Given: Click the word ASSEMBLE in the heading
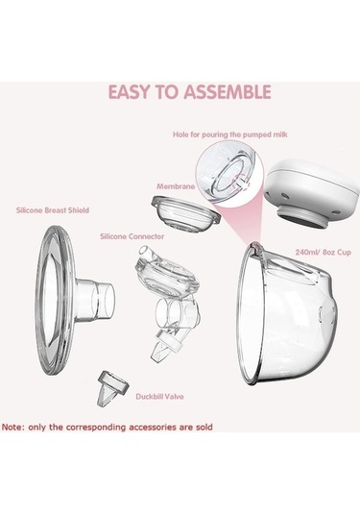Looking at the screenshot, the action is [x=228, y=92].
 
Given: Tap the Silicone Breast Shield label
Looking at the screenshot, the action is [x=53, y=210].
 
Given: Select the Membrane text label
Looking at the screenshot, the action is [x=176, y=186].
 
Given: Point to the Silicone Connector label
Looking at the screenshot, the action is [x=132, y=236].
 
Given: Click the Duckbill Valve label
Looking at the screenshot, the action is [x=160, y=397].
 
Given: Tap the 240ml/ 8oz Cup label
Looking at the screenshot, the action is [x=323, y=253].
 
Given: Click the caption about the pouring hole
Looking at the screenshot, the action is [x=230, y=135].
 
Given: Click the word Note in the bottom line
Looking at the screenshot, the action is [x=13, y=428].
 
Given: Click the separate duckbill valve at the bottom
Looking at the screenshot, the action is [x=113, y=388].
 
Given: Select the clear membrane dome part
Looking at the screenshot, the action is [x=185, y=213].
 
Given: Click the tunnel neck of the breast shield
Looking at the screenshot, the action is [x=95, y=298].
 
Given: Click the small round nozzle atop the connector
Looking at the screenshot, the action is [x=146, y=252].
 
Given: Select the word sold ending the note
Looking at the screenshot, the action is [x=204, y=428].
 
